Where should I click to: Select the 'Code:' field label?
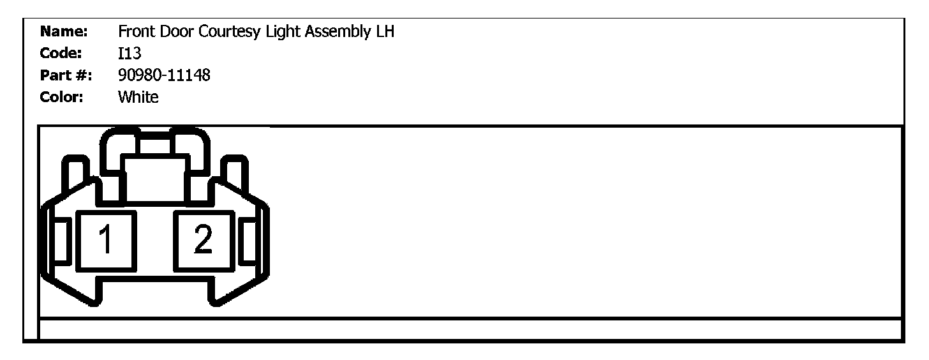62,53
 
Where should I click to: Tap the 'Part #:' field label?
66,75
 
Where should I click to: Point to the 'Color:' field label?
63,98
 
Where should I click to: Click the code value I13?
130,53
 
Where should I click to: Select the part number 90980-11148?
164,75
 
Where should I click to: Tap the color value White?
138,98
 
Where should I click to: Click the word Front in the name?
135,31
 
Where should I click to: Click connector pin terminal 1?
106,241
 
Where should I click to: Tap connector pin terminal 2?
204,241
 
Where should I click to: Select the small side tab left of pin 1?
62,241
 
